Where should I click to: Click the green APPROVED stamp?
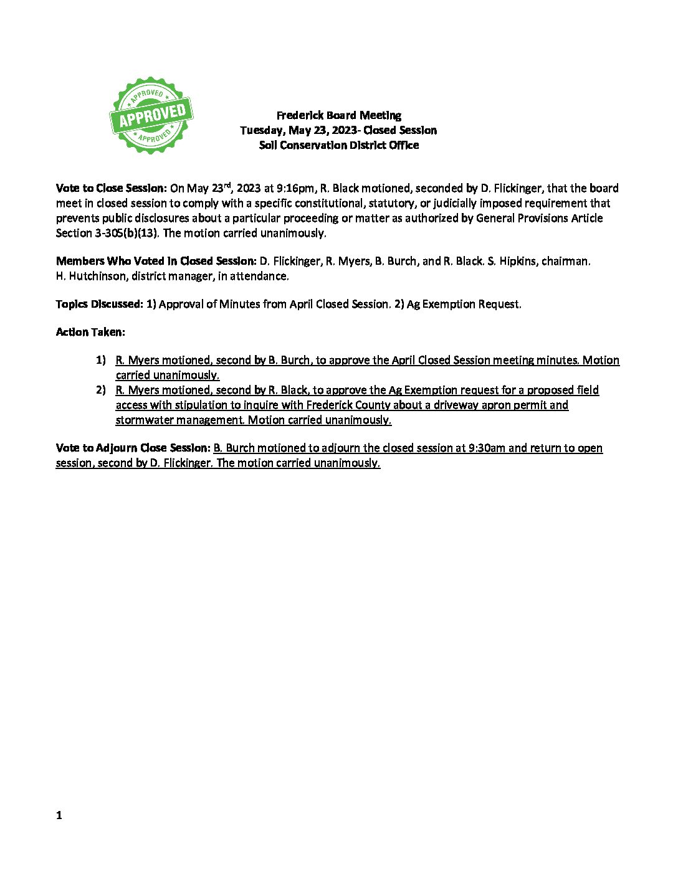pyautogui.click(x=151, y=116)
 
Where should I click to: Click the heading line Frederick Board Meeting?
pyautogui.click(x=338, y=115)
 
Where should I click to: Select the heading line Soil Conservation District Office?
pyautogui.click(x=338, y=145)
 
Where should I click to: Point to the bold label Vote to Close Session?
pyautogui.click(x=112, y=188)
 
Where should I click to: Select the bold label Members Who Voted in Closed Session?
pyautogui.click(x=156, y=261)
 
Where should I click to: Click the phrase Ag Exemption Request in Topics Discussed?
pyautogui.click(x=463, y=304)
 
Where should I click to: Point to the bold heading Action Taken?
pyautogui.click(x=90, y=332)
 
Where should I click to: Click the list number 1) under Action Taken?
pyautogui.click(x=101, y=360)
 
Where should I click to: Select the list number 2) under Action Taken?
pyautogui.click(x=101, y=390)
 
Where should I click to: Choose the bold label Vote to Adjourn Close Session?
pyautogui.click(x=133, y=448)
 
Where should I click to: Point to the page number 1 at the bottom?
pyautogui.click(x=59, y=815)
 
